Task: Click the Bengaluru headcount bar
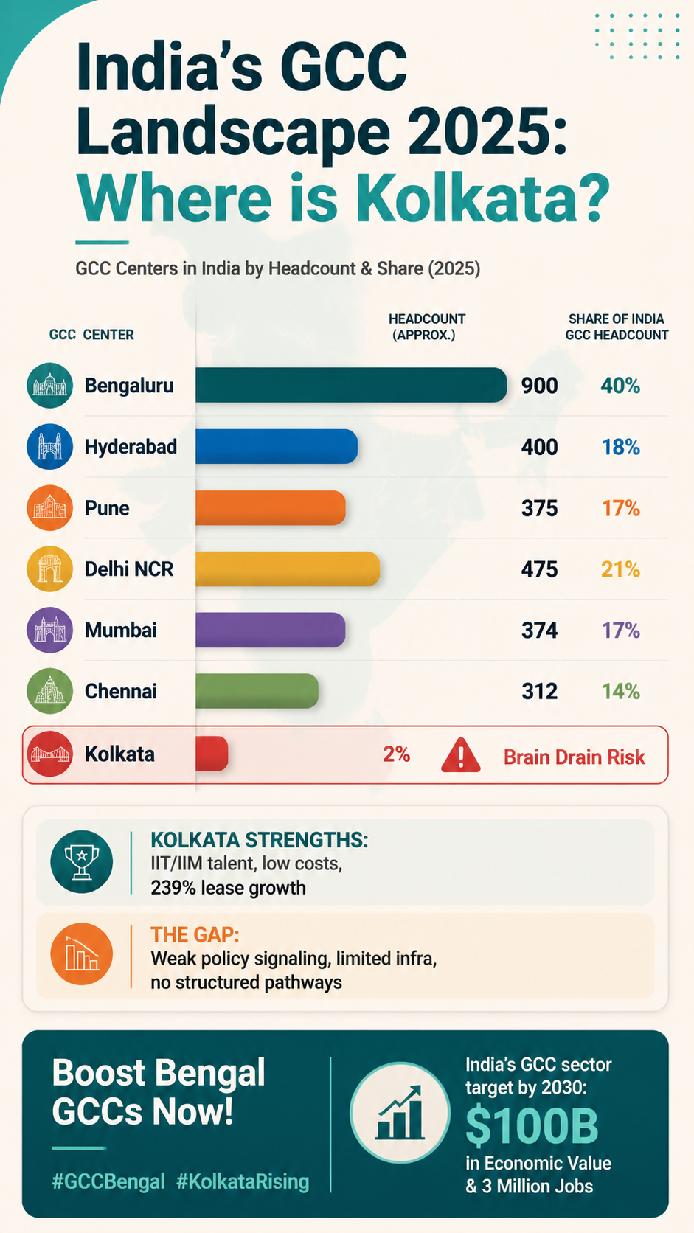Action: point(351,385)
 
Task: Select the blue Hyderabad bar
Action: point(277,446)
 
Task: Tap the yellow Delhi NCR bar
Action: point(288,569)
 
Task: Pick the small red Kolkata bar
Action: point(212,753)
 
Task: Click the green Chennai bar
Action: point(257,691)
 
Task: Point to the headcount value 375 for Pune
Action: point(539,508)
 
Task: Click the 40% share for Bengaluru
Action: point(620,386)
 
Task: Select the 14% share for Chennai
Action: point(621,692)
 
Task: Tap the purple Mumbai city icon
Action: point(49,631)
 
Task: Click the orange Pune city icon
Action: point(49,507)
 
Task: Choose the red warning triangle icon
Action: point(461,755)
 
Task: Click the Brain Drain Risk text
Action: point(574,757)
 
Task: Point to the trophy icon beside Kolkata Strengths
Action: point(81,862)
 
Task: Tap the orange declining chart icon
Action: point(81,954)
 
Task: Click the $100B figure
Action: point(532,1125)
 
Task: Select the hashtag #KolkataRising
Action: point(243,1182)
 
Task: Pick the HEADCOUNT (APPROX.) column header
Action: point(426,327)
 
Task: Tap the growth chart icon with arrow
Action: point(400,1113)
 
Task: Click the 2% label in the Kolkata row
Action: point(396,754)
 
